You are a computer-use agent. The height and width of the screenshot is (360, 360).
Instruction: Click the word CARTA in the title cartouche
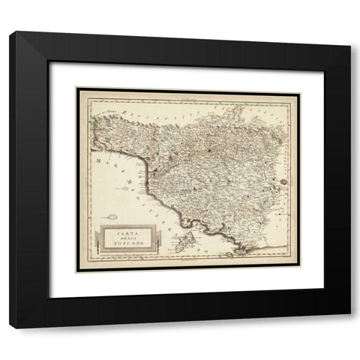(121, 235)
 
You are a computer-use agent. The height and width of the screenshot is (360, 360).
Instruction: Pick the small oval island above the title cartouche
(110, 219)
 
